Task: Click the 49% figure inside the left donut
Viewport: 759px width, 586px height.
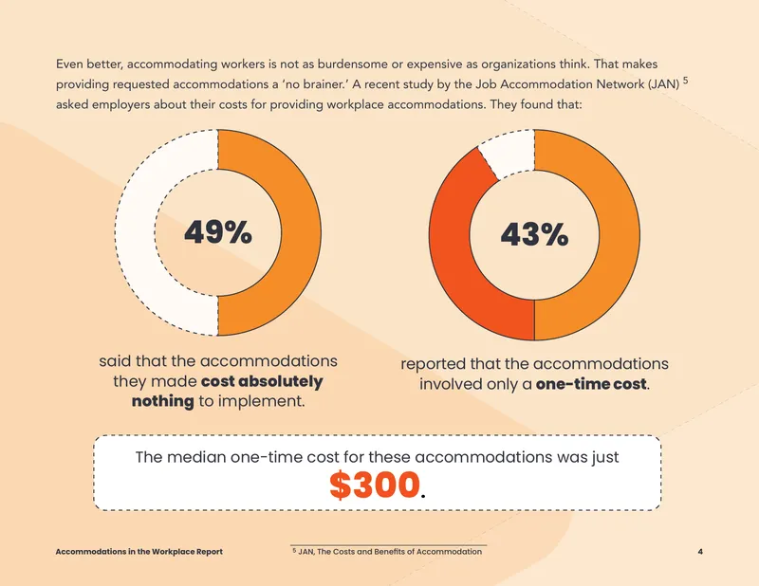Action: pos(218,232)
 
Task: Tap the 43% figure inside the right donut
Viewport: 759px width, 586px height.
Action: pos(534,235)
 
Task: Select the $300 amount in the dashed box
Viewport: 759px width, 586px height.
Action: pos(375,485)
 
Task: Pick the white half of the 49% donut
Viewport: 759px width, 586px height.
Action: pos(136,232)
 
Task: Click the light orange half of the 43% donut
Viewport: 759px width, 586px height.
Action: pos(620,235)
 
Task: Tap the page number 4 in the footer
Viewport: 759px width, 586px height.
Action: pos(700,552)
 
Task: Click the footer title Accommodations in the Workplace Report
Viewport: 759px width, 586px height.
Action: pos(139,552)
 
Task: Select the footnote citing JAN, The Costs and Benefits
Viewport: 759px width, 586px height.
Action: pos(387,552)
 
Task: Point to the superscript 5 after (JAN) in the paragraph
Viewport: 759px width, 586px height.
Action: pos(685,81)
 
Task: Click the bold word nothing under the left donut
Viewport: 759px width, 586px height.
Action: pos(162,401)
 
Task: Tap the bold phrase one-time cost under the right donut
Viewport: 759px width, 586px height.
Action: pos(591,384)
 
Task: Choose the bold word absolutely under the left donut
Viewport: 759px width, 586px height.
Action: pos(281,382)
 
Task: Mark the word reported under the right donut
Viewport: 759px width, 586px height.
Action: pos(433,364)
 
